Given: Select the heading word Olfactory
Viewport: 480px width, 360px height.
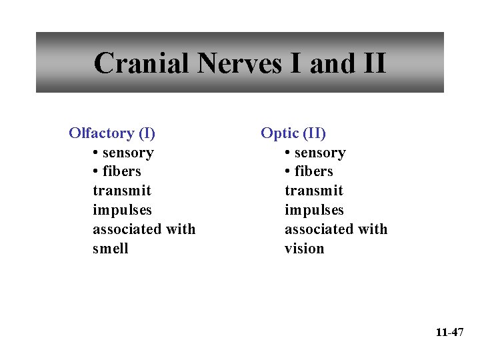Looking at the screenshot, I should (x=101, y=133).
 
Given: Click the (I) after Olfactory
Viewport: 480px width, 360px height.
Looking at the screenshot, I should (x=147, y=133).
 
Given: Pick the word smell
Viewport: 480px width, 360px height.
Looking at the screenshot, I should (x=111, y=249).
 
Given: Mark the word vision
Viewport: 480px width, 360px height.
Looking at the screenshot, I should (x=305, y=249).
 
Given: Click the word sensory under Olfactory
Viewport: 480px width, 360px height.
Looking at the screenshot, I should (x=129, y=153).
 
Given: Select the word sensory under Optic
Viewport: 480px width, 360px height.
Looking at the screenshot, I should (x=321, y=153).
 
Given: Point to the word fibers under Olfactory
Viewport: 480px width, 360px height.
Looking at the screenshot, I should (x=123, y=171).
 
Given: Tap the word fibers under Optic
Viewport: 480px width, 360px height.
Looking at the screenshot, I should (x=315, y=171).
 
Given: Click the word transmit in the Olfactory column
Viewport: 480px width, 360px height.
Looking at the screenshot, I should (x=122, y=191).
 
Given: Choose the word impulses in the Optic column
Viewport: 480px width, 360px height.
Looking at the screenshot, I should (x=314, y=210).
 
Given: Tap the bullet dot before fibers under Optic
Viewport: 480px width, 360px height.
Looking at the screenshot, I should (x=288, y=172).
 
